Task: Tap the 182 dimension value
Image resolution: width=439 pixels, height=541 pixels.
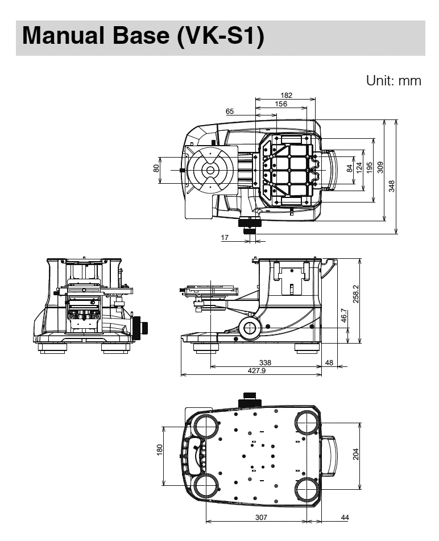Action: click(x=286, y=95)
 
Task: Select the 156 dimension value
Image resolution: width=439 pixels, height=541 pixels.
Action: click(x=281, y=104)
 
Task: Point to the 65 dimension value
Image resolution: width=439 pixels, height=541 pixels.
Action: click(x=230, y=112)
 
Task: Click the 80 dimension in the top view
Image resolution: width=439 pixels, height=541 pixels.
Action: click(x=155, y=170)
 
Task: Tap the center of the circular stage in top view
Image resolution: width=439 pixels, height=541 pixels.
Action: click(x=210, y=170)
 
